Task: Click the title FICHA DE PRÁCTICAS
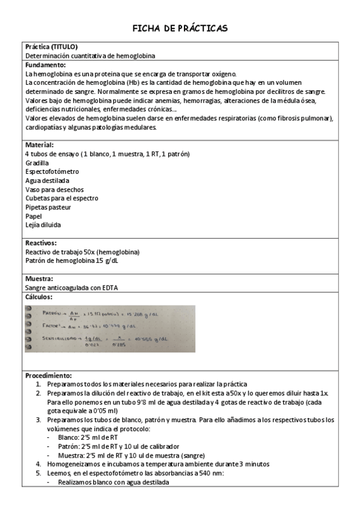(x=180, y=28)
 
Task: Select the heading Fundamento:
(x=46, y=64)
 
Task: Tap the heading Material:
(x=40, y=146)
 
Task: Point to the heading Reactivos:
(x=41, y=243)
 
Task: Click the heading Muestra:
(x=40, y=279)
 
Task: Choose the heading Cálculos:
(x=40, y=297)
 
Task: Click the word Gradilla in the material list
(x=37, y=163)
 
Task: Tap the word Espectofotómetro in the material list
(x=52, y=172)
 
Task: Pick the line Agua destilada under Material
(x=47, y=180)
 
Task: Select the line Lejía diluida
(x=43, y=225)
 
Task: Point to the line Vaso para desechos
(x=51, y=189)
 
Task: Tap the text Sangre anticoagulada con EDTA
(x=72, y=288)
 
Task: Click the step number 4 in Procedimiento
(x=38, y=464)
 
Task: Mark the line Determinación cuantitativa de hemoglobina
(x=90, y=55)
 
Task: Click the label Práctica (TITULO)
(x=52, y=46)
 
